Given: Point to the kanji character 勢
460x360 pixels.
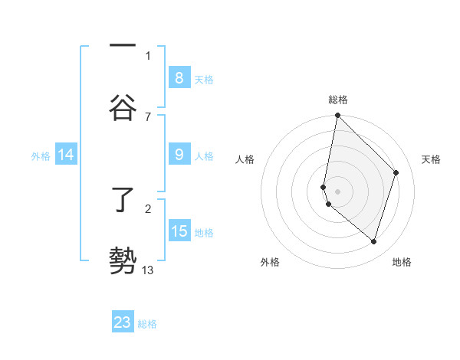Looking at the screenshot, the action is coord(123,260).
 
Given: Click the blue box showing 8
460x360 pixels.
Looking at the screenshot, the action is coord(179,77).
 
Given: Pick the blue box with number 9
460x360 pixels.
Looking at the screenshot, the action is coord(179,155).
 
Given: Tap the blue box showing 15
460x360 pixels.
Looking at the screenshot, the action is coord(179,231).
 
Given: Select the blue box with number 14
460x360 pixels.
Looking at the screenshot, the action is coord(66,155).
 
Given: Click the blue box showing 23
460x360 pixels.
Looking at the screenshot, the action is coord(123,322).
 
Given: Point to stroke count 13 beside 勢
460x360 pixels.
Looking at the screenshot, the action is coord(148,269).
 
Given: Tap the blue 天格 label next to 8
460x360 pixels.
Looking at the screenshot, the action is coord(204,79).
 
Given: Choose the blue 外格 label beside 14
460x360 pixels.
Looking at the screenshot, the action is coord(41,156).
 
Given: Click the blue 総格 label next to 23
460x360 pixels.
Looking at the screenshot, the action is coord(147,324).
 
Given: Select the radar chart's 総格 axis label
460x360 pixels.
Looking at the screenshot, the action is coord(338,100).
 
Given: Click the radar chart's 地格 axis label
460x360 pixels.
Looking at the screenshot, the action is coord(402,262).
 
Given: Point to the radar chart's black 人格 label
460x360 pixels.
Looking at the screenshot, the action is coord(245,159).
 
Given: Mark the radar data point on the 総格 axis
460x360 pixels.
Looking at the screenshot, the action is coord(337,116).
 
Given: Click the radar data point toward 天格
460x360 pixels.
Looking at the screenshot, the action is coord(396,172).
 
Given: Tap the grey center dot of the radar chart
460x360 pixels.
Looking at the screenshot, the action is coord(337,191).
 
